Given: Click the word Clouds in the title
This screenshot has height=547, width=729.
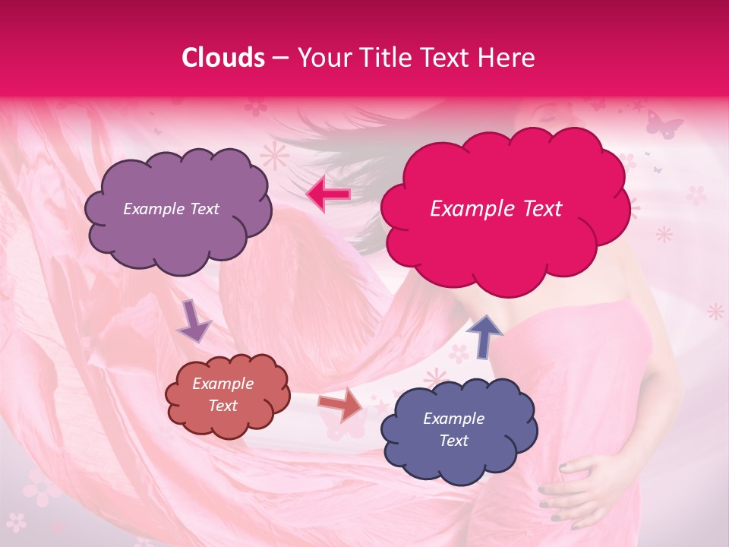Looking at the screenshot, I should click(223, 58).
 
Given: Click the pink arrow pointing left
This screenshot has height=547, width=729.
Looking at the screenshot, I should click(328, 194).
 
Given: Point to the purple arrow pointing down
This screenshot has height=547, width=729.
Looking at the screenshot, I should click(194, 321).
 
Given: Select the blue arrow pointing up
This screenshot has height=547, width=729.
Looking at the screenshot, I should click(483, 335).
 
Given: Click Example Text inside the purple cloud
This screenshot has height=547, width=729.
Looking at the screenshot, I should click(171, 209).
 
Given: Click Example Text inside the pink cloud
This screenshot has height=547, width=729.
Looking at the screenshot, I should click(496, 209).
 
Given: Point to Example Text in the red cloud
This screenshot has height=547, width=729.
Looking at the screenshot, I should click(222, 395).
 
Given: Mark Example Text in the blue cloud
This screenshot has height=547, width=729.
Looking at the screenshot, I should click(453, 429).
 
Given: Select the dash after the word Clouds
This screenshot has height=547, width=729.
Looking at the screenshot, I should click(279, 58).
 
